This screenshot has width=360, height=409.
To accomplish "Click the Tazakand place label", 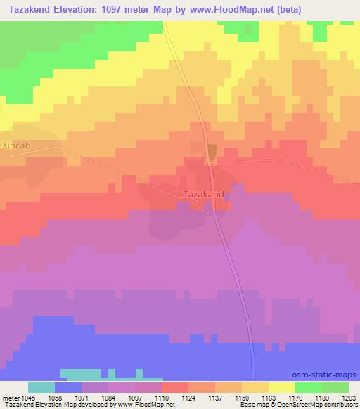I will click(x=204, y=193).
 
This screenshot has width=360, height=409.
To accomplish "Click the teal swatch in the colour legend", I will click(x=41, y=387).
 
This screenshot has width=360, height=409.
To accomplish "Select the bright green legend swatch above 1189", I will click(x=309, y=387).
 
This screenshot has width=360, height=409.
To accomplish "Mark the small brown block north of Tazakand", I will click(x=212, y=150).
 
